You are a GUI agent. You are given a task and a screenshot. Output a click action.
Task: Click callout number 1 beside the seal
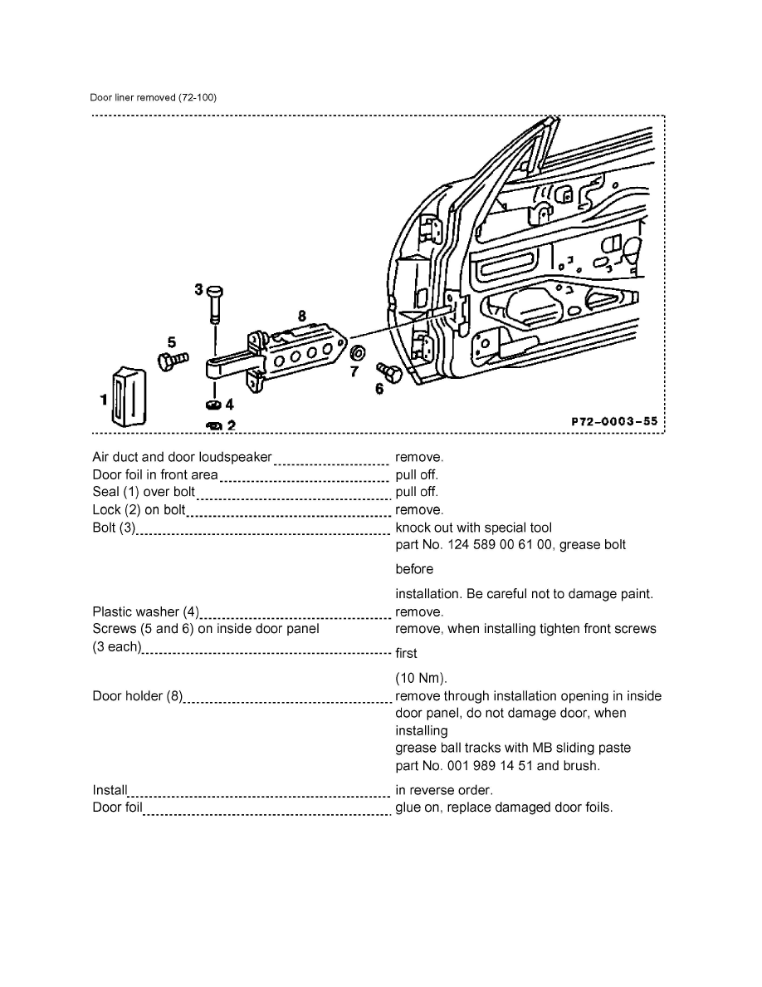point(104,400)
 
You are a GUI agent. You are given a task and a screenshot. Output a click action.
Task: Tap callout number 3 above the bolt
point(198,289)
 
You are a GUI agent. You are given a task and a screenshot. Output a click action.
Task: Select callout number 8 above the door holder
point(301,315)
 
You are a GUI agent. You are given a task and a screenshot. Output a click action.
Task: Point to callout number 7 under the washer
point(354,371)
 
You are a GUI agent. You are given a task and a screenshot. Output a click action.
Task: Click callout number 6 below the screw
point(379,387)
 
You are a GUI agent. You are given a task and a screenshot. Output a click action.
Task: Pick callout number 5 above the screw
point(171,341)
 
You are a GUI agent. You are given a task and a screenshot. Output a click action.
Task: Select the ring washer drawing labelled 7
point(358,349)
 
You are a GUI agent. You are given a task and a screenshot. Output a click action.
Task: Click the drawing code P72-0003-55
point(614,421)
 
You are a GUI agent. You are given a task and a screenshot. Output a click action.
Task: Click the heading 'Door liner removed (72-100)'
point(154,97)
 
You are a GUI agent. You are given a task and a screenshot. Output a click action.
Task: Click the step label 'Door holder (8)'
point(138,696)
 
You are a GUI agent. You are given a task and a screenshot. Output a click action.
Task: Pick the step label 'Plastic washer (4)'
point(146,612)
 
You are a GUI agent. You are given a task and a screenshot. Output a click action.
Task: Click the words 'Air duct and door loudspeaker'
point(182,457)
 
